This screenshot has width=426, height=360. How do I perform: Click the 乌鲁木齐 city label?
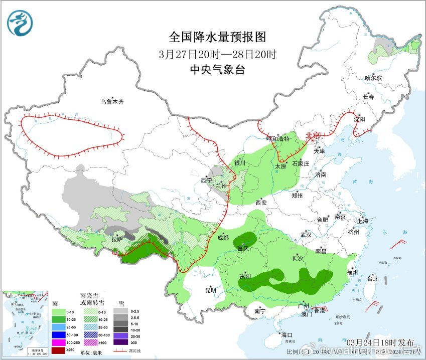111,102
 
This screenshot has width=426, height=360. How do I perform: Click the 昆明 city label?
211,290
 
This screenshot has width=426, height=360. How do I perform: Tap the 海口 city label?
286,334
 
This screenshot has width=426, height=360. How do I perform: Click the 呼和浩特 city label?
278,139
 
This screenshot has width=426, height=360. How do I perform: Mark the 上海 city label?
362,221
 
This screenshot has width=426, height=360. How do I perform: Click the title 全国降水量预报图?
217,37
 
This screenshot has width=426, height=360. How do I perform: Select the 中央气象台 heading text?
217,70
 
